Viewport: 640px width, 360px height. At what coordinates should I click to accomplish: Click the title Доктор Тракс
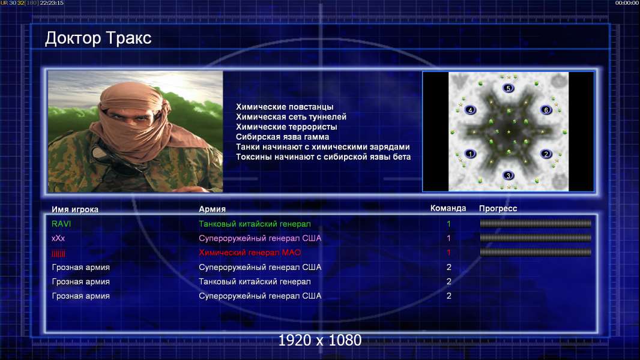point(98,38)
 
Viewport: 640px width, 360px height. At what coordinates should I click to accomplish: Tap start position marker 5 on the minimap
point(508,88)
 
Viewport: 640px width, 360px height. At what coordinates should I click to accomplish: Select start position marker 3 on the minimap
point(508,176)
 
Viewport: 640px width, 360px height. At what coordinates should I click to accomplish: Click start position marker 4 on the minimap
point(470,110)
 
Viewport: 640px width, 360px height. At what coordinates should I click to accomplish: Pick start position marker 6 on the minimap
point(546,110)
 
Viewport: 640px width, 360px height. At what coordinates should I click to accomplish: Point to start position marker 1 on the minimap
point(470,154)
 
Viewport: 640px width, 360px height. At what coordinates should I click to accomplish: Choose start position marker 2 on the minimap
point(546,154)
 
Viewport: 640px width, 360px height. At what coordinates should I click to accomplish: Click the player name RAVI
point(61,224)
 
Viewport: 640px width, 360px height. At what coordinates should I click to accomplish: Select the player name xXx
point(58,238)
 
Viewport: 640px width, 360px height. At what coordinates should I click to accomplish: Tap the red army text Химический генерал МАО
point(250,253)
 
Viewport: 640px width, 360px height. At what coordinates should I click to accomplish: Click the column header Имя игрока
point(75,209)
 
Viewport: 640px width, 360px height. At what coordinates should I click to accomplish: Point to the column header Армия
point(213,209)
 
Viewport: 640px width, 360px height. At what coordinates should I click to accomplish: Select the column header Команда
point(448,208)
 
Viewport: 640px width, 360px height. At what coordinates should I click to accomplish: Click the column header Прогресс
point(498,208)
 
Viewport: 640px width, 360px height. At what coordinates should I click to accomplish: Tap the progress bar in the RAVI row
point(536,223)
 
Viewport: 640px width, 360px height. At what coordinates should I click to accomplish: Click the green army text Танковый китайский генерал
point(255,224)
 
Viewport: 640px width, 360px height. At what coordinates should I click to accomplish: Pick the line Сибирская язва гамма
point(282,137)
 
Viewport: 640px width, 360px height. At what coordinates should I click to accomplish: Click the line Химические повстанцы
point(285,107)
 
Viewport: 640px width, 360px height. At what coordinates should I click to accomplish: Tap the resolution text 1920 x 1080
point(320,340)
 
